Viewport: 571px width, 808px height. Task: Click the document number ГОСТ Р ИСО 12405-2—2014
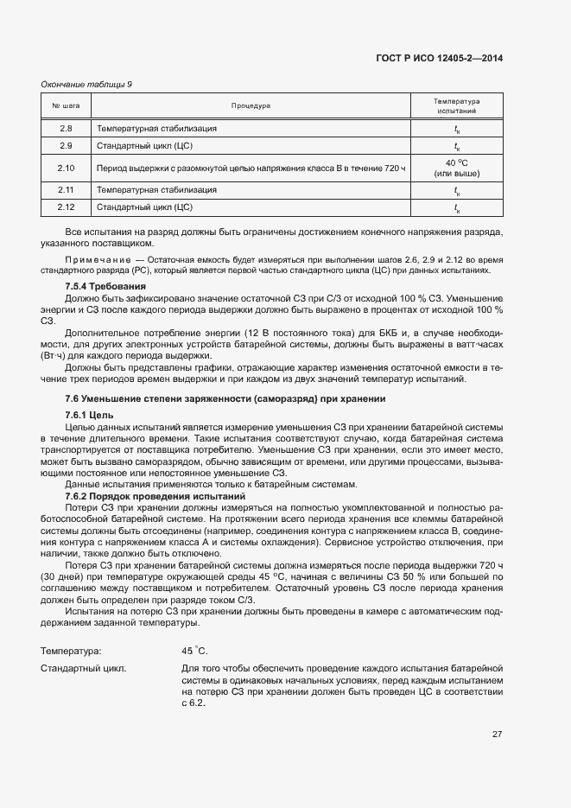coord(440,58)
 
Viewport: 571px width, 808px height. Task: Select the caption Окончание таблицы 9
coord(86,84)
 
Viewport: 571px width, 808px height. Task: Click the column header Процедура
coord(251,106)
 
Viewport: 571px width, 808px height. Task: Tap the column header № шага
coord(67,106)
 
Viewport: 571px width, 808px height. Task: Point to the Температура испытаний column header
coord(457,106)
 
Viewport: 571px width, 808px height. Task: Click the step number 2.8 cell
coord(67,128)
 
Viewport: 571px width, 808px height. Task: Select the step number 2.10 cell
coord(67,168)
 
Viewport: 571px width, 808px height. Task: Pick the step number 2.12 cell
coord(67,207)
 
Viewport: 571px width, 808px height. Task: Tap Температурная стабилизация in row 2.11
coord(156,189)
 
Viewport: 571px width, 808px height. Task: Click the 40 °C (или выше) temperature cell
coord(457,168)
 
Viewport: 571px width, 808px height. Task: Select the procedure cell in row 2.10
coord(251,168)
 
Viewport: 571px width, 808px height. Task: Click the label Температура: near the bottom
coord(71,651)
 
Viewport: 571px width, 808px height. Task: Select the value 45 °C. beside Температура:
coord(194,651)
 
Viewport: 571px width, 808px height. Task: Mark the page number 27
coord(498,735)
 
